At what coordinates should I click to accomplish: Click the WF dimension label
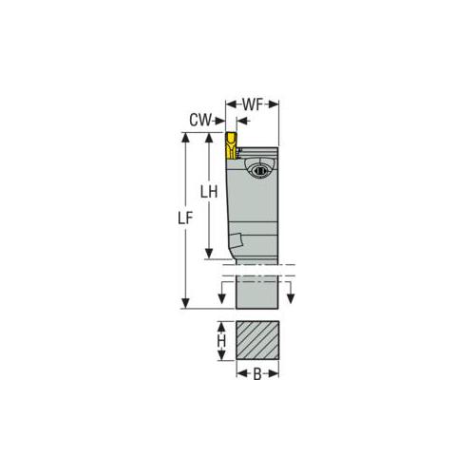click(253, 102)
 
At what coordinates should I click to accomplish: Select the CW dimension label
click(199, 121)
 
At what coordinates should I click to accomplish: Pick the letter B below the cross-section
click(256, 374)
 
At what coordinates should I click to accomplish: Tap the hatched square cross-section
click(256, 340)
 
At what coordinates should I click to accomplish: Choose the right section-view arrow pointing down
click(292, 297)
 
